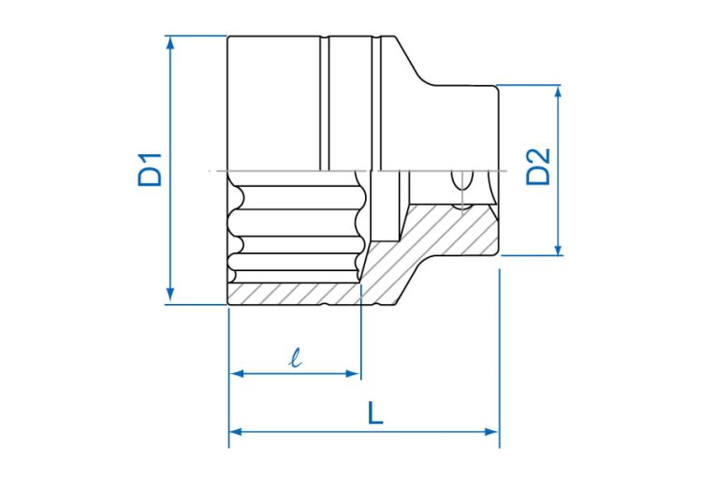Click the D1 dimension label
coord(150,170)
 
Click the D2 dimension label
coord(537,166)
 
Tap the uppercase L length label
coord(375,412)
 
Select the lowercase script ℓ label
coord(296,358)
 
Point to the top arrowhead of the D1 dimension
coord(170,42)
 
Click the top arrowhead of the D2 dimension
coord(558,92)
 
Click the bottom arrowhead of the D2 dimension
coord(558,249)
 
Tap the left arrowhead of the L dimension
coord(236,432)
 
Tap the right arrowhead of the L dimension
coord(491,432)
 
